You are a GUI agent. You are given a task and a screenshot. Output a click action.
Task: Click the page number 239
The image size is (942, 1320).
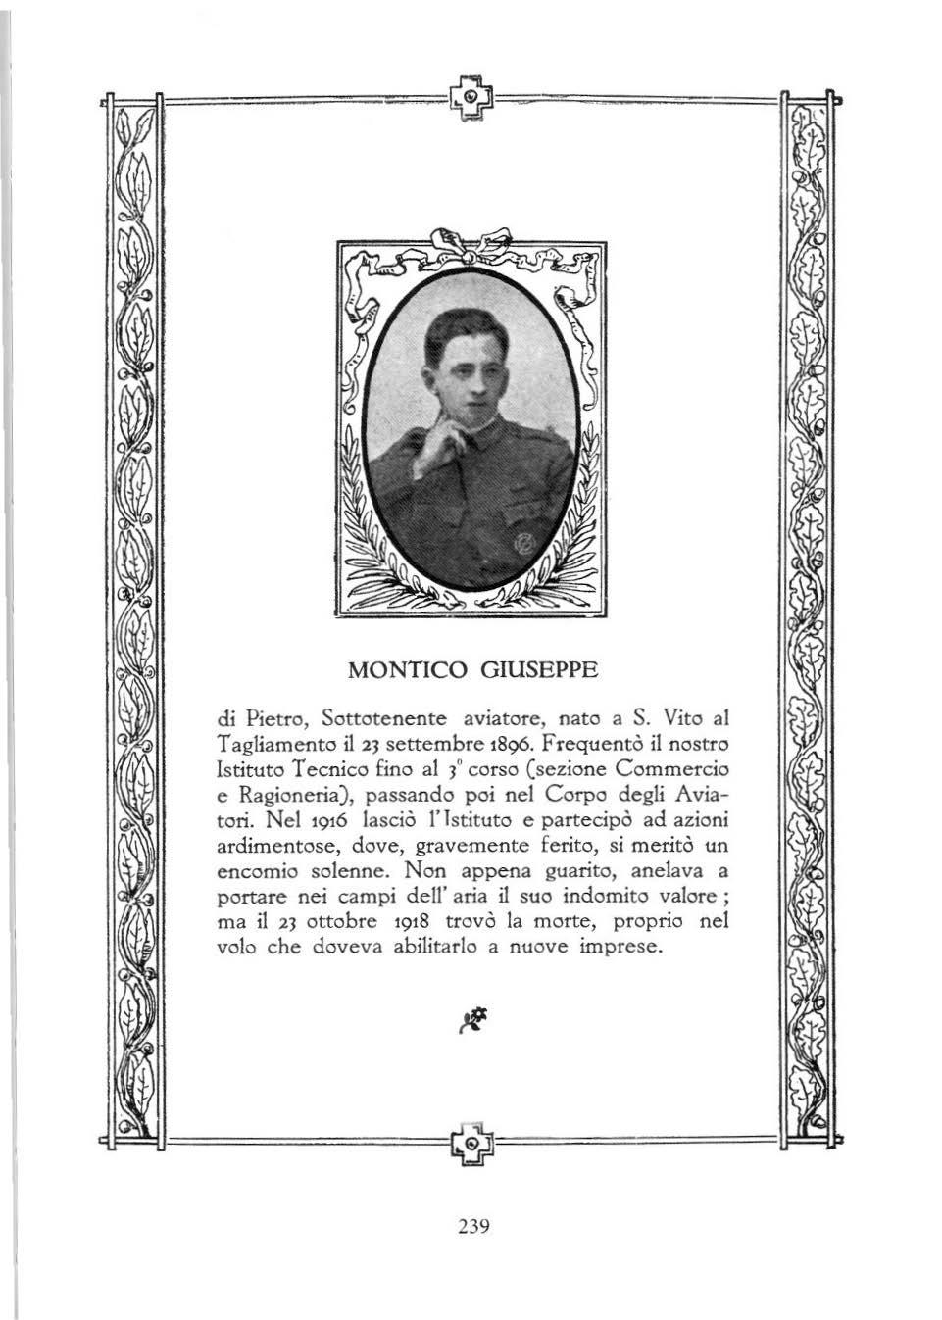pyautogui.click(x=472, y=1226)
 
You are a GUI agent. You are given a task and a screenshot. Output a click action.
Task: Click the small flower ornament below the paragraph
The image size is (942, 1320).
pyautogui.click(x=472, y=1019)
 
